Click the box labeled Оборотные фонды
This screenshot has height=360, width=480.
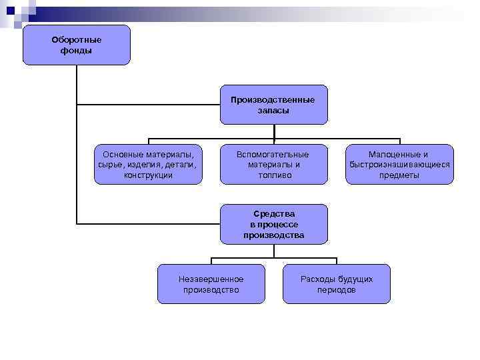pyautogui.click(x=76, y=45)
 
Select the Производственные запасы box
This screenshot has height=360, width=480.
pyautogui.click(x=273, y=105)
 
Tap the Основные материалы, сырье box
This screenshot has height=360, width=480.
pyautogui.click(x=147, y=164)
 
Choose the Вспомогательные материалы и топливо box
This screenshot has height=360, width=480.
pyautogui.click(x=273, y=164)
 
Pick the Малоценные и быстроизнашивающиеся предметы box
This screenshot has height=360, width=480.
pyautogui.click(x=399, y=164)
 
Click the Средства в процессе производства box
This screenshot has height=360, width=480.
pyautogui.click(x=273, y=224)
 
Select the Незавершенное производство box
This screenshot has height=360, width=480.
pyautogui.click(x=211, y=284)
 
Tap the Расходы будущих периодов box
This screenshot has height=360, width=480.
pyautogui.click(x=336, y=284)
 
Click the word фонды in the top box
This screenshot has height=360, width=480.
pyautogui.click(x=76, y=51)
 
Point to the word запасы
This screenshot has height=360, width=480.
pyautogui.click(x=273, y=111)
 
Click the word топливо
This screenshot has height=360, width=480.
pyautogui.click(x=273, y=175)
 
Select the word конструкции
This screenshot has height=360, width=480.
pyautogui.click(x=148, y=175)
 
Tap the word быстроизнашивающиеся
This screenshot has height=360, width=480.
pyautogui.click(x=399, y=165)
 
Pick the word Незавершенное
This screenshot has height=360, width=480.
pyautogui.click(x=211, y=279)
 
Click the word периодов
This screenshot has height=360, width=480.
pyautogui.click(x=336, y=290)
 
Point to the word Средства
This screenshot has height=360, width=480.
pyautogui.click(x=273, y=214)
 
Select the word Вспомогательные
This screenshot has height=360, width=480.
pyautogui.click(x=273, y=154)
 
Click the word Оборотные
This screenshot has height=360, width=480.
pyautogui.click(x=76, y=39)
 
